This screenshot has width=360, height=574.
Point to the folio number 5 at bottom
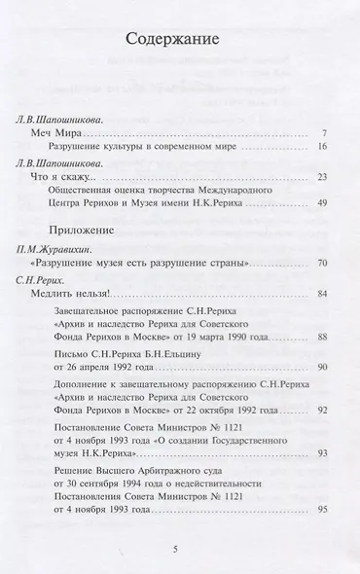click(x=175, y=550)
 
